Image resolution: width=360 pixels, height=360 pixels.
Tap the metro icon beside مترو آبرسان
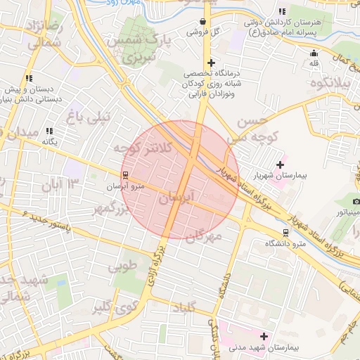(125, 175)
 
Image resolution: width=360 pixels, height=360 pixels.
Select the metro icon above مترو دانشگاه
(285, 232)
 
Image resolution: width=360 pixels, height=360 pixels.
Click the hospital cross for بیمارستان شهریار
(280, 164)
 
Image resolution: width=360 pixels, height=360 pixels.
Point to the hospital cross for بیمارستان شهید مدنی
(264, 337)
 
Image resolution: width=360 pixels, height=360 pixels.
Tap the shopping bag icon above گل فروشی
(203, 21)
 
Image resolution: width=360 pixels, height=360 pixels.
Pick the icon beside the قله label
(314, 53)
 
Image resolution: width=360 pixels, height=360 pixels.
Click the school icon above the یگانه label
(49, 131)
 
